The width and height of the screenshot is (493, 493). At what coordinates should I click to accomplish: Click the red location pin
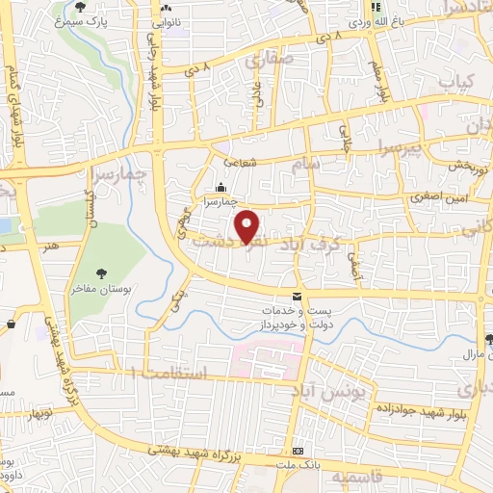tap(248, 227)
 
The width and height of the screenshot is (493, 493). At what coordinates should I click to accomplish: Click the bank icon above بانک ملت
tap(299, 452)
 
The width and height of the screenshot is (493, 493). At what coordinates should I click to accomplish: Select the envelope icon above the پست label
tap(297, 296)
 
